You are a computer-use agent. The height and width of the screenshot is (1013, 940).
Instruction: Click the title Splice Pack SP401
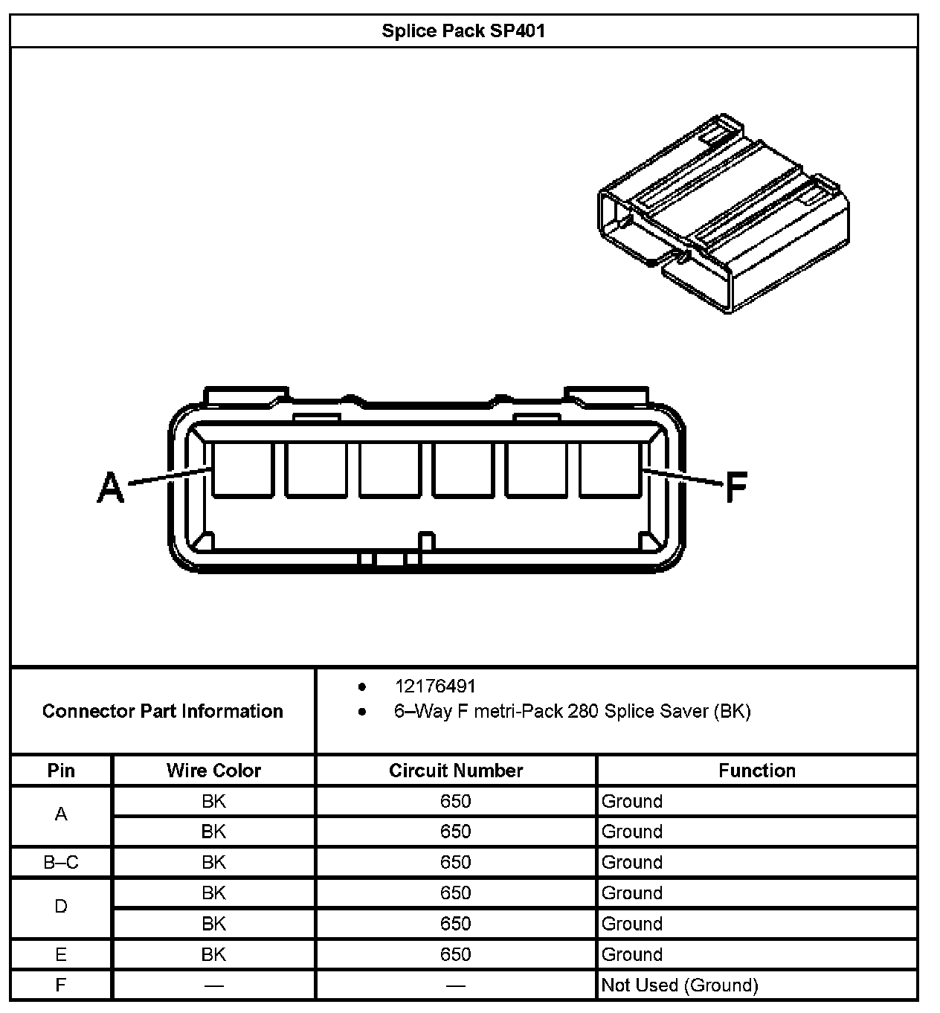pyautogui.click(x=463, y=31)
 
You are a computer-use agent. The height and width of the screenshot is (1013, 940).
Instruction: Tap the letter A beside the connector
pyautogui.click(x=112, y=488)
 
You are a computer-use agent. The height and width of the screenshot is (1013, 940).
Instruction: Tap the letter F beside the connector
pyautogui.click(x=735, y=488)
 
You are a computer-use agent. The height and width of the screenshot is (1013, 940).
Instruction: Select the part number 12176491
pyautogui.click(x=435, y=686)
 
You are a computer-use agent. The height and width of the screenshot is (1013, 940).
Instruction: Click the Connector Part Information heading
pyautogui.click(x=162, y=711)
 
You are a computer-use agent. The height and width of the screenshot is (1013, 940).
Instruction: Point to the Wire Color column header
pyautogui.click(x=213, y=771)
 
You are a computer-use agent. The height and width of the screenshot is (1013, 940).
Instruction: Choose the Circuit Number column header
pyautogui.click(x=456, y=771)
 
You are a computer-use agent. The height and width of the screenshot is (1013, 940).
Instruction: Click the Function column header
pyautogui.click(x=756, y=771)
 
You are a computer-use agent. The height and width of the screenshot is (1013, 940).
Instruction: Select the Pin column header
pyautogui.click(x=61, y=771)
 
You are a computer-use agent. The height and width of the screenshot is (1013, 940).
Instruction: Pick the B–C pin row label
pyautogui.click(x=61, y=862)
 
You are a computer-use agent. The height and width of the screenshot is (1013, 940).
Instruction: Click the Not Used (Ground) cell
pyautogui.click(x=680, y=985)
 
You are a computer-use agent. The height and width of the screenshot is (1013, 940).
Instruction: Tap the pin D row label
pyautogui.click(x=61, y=907)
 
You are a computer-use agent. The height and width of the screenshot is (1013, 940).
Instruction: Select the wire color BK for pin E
pyautogui.click(x=213, y=954)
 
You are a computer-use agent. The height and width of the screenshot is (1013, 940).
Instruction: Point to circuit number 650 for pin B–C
pyautogui.click(x=456, y=862)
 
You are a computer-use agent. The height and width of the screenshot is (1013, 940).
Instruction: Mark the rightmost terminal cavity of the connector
pyautogui.click(x=610, y=469)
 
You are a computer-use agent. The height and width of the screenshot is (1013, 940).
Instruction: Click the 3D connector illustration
pyautogui.click(x=722, y=215)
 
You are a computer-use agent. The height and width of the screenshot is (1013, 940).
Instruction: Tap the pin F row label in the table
pyautogui.click(x=61, y=985)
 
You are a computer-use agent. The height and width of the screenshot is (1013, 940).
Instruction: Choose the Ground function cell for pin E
pyautogui.click(x=632, y=954)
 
